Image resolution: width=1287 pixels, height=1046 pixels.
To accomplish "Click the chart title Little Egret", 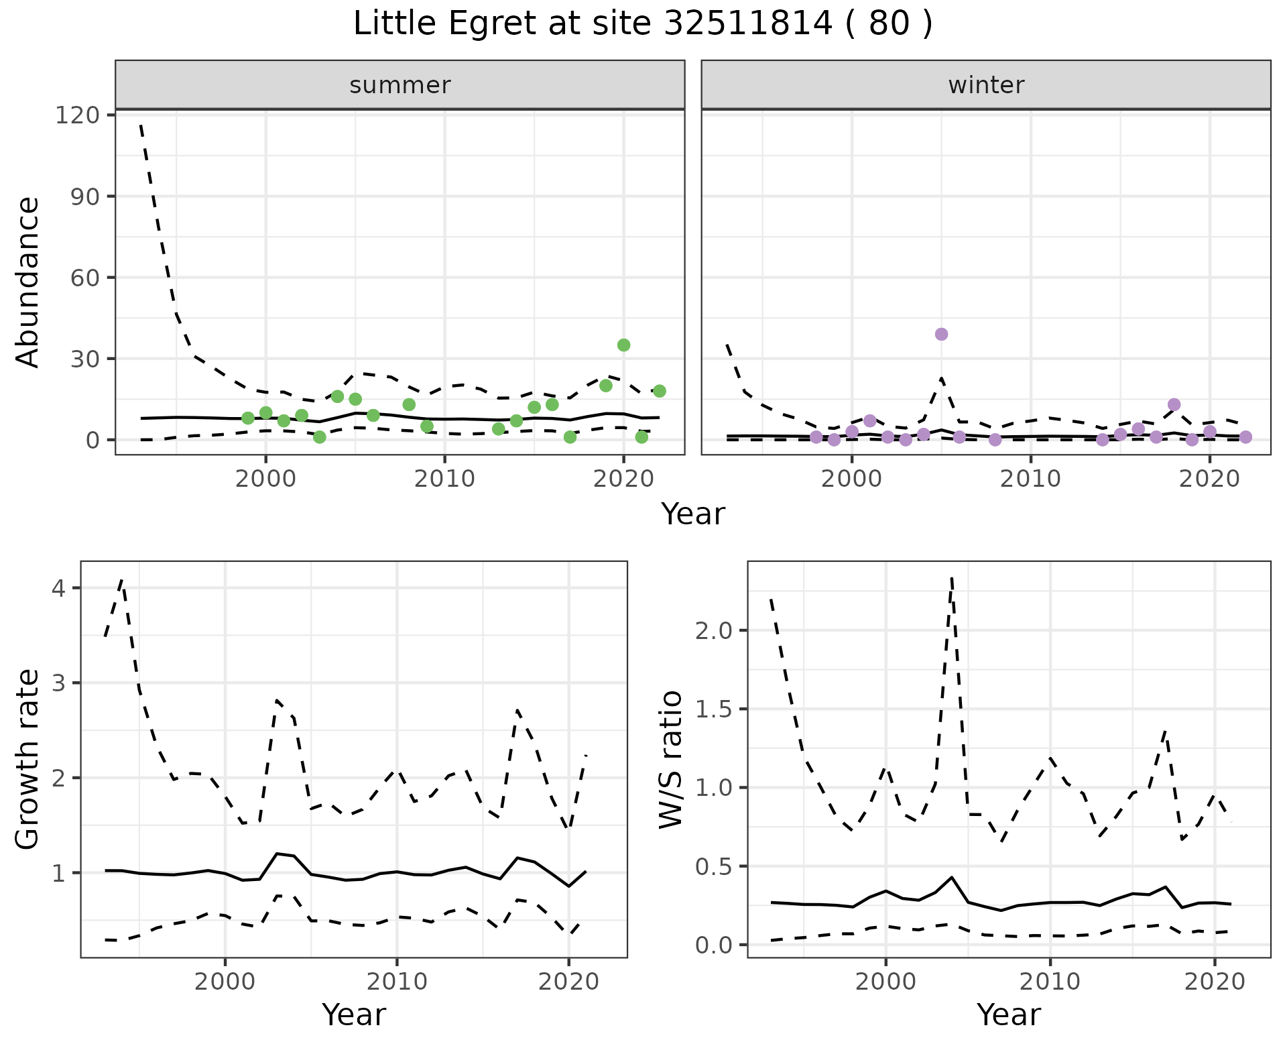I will coord(642,24).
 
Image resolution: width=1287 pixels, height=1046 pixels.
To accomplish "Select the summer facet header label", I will coord(400,85).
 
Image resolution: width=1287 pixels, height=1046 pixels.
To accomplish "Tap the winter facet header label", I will coord(986,85).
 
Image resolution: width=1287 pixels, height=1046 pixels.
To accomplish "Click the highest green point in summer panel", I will coord(623,345).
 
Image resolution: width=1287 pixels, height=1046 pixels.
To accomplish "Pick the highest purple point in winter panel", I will coord(941,335).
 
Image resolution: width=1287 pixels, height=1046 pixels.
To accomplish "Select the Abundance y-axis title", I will coord(28,282).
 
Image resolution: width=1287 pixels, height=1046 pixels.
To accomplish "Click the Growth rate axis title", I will coord(28,759).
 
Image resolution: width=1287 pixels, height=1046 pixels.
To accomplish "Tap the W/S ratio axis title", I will coord(671,759).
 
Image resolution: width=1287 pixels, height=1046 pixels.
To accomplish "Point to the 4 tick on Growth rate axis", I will coord(58,589).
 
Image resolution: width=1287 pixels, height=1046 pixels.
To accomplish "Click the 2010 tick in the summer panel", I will coord(444,479).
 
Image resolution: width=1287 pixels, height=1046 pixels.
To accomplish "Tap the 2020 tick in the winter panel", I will coord(1210,479).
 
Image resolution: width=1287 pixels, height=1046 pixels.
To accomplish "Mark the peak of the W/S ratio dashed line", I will coord(952,578).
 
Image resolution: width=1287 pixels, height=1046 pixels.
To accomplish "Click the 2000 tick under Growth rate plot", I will coord(225,982).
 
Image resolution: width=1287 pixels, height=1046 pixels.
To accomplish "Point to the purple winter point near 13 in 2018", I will coord(1174,405).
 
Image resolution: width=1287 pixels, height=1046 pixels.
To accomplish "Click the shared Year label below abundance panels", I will coord(693,514).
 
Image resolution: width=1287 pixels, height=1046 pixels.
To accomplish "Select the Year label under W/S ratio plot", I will coord(1008,1015).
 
